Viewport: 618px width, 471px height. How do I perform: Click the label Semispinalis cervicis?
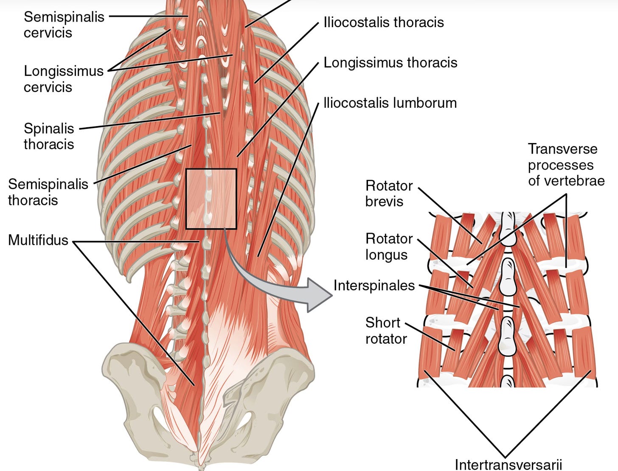tap(64, 25)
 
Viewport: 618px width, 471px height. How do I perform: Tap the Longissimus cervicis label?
tap(64, 79)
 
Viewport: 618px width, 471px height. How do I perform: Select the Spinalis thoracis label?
tap(49, 136)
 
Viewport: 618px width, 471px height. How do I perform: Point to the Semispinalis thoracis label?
tap(48, 192)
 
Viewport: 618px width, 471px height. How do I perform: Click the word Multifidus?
tap(38, 240)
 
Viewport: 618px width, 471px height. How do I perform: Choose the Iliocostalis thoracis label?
tap(383, 22)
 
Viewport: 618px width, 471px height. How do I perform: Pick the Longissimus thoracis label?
tap(390, 63)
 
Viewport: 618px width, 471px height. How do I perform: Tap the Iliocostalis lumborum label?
tap(390, 103)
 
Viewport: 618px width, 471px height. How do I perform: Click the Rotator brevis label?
tap(389, 193)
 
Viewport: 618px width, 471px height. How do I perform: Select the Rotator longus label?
tap(389, 247)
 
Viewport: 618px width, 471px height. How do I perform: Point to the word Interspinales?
tap(374, 286)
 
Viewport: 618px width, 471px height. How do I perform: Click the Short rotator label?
tap(386, 331)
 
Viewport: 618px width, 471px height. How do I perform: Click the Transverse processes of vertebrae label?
tap(566, 165)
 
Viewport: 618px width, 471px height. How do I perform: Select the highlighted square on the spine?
tap(211, 199)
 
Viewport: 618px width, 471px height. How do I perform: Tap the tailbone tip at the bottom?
tap(198, 460)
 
